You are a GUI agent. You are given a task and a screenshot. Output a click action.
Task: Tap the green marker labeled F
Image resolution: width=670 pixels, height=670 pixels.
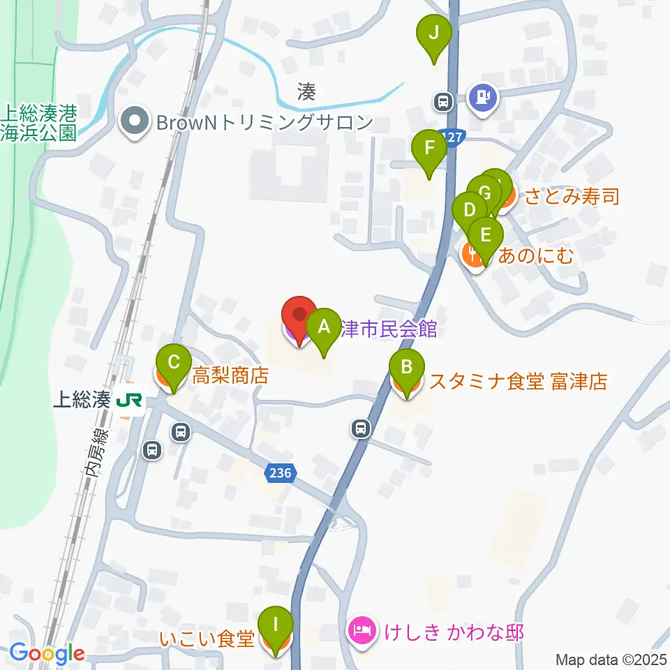pos(429,149)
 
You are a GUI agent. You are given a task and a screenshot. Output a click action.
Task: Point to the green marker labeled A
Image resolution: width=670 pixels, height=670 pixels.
pos(323,327)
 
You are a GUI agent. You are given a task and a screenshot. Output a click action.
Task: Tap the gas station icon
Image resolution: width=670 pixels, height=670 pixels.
pos(483,96)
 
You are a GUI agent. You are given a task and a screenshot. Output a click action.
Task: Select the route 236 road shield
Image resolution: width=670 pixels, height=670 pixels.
pos(281,474)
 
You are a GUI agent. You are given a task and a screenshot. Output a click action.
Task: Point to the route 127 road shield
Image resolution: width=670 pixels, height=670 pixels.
pos(452,139)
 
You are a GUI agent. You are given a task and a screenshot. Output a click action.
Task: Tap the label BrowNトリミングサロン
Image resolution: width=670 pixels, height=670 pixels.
pos(265,122)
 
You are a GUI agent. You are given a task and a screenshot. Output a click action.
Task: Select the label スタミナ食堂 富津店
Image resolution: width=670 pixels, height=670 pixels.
pos(518,382)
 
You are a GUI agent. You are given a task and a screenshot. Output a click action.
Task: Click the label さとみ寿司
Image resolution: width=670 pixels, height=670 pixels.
pos(572,197)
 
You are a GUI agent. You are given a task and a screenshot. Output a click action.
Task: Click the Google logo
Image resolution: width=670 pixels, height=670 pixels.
pos(47,654)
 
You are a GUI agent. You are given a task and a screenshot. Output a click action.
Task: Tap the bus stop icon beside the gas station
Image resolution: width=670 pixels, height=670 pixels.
pos(442,102)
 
